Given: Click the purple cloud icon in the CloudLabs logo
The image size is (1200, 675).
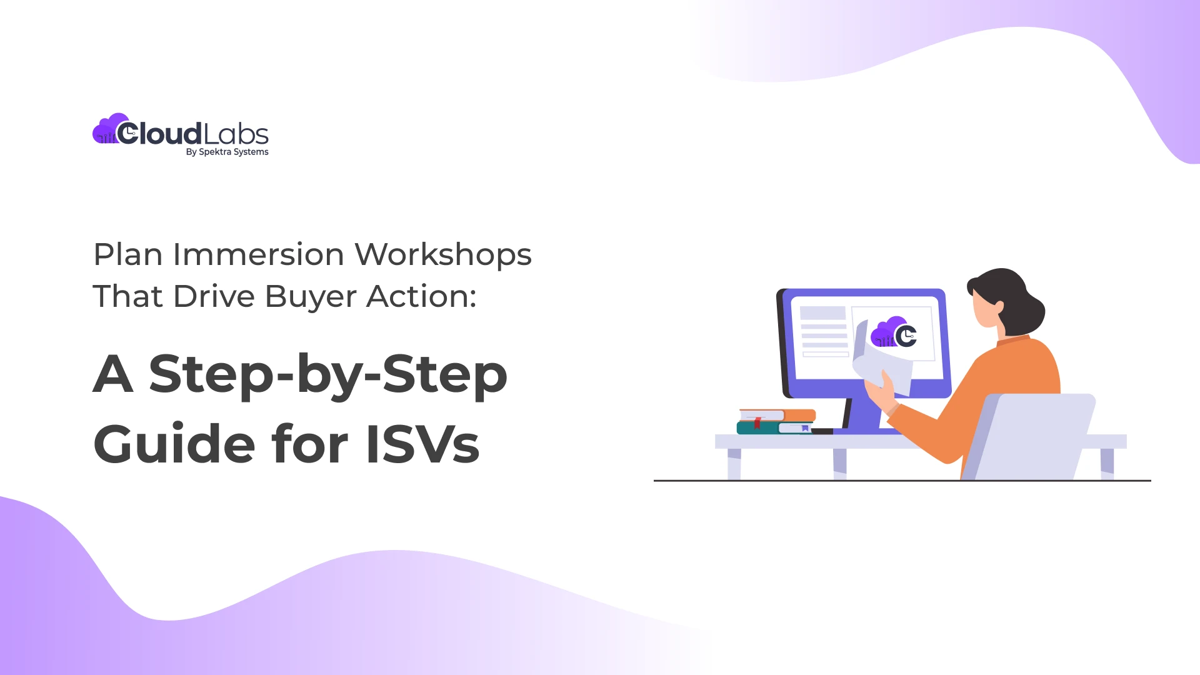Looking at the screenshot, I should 106,129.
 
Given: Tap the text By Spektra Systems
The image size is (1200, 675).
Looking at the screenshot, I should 227,152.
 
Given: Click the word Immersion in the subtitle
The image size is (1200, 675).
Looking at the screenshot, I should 258,255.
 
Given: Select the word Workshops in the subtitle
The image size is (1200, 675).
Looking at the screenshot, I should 443,255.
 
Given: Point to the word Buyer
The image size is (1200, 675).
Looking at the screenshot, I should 311,297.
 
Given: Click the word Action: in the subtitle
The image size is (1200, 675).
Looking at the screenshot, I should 421,297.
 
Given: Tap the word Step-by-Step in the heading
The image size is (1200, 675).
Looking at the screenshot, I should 327,374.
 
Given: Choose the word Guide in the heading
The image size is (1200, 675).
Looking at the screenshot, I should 174,444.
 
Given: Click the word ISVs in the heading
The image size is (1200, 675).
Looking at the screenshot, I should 422,444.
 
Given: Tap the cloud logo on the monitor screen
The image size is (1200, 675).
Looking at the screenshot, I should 894,332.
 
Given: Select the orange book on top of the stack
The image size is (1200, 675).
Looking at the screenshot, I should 778,415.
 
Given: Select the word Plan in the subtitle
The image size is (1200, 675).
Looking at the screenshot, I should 128,255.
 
